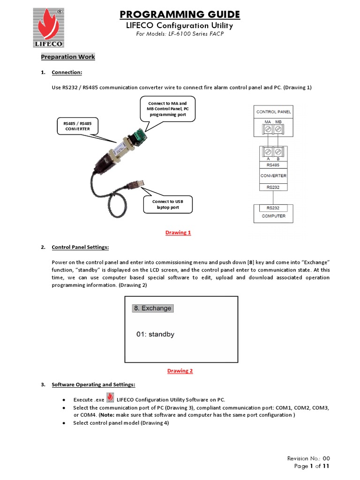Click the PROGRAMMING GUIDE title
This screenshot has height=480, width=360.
(x=180, y=15)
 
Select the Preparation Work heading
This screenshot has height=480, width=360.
(x=68, y=57)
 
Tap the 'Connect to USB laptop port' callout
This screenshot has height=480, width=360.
(x=168, y=204)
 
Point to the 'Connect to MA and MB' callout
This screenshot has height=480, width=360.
(x=167, y=109)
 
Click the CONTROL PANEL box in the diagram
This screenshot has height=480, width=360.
(x=273, y=112)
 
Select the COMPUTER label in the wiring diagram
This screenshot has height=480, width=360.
(x=273, y=217)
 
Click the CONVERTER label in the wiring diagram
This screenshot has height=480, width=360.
(x=273, y=176)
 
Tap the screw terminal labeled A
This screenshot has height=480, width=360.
(x=268, y=152)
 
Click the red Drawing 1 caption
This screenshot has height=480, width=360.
(x=178, y=233)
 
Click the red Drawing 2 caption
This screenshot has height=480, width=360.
(x=180, y=371)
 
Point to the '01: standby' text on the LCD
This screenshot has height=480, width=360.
(x=155, y=334)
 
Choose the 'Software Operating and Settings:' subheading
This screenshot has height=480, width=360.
(x=93, y=384)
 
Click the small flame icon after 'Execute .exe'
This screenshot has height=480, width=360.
(x=110, y=398)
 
